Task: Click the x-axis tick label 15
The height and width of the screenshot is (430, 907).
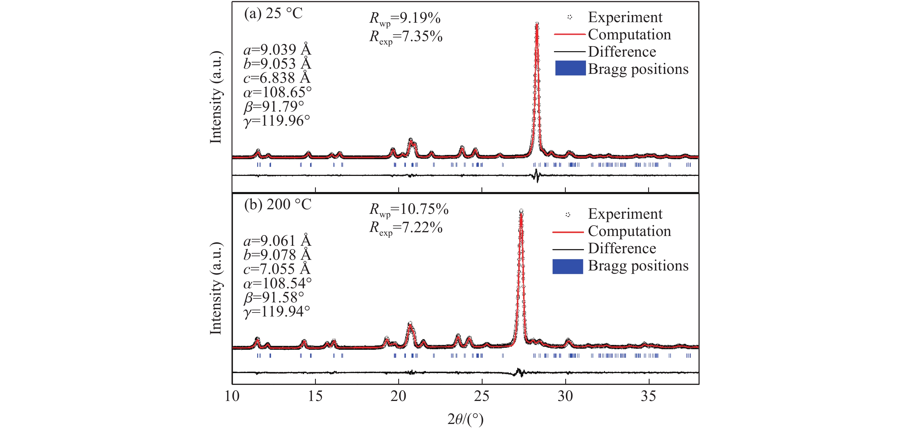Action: click(x=315, y=396)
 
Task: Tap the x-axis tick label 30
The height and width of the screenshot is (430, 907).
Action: click(x=565, y=396)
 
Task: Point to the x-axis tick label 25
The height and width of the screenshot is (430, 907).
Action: click(x=482, y=396)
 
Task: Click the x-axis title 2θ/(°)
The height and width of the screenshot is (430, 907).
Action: click(x=466, y=419)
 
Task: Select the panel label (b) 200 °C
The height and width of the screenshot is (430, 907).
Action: click(x=278, y=204)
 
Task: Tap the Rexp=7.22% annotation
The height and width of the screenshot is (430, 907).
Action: click(x=406, y=228)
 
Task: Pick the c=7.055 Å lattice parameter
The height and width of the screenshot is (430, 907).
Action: click(x=277, y=269)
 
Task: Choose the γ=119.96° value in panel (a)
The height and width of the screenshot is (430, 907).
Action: click(x=277, y=121)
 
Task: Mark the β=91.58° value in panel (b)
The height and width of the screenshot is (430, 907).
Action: click(x=274, y=297)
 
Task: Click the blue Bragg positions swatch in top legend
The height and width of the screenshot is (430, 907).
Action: click(x=570, y=68)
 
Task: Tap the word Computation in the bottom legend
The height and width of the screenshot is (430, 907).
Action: click(x=629, y=231)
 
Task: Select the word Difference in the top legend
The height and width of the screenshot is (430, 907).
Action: click(x=622, y=52)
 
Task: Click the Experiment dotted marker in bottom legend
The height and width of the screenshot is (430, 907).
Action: click(x=568, y=214)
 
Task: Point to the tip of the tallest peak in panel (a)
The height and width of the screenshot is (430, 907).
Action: click(x=537, y=24)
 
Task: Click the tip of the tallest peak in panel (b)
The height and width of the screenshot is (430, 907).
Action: click(x=521, y=211)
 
